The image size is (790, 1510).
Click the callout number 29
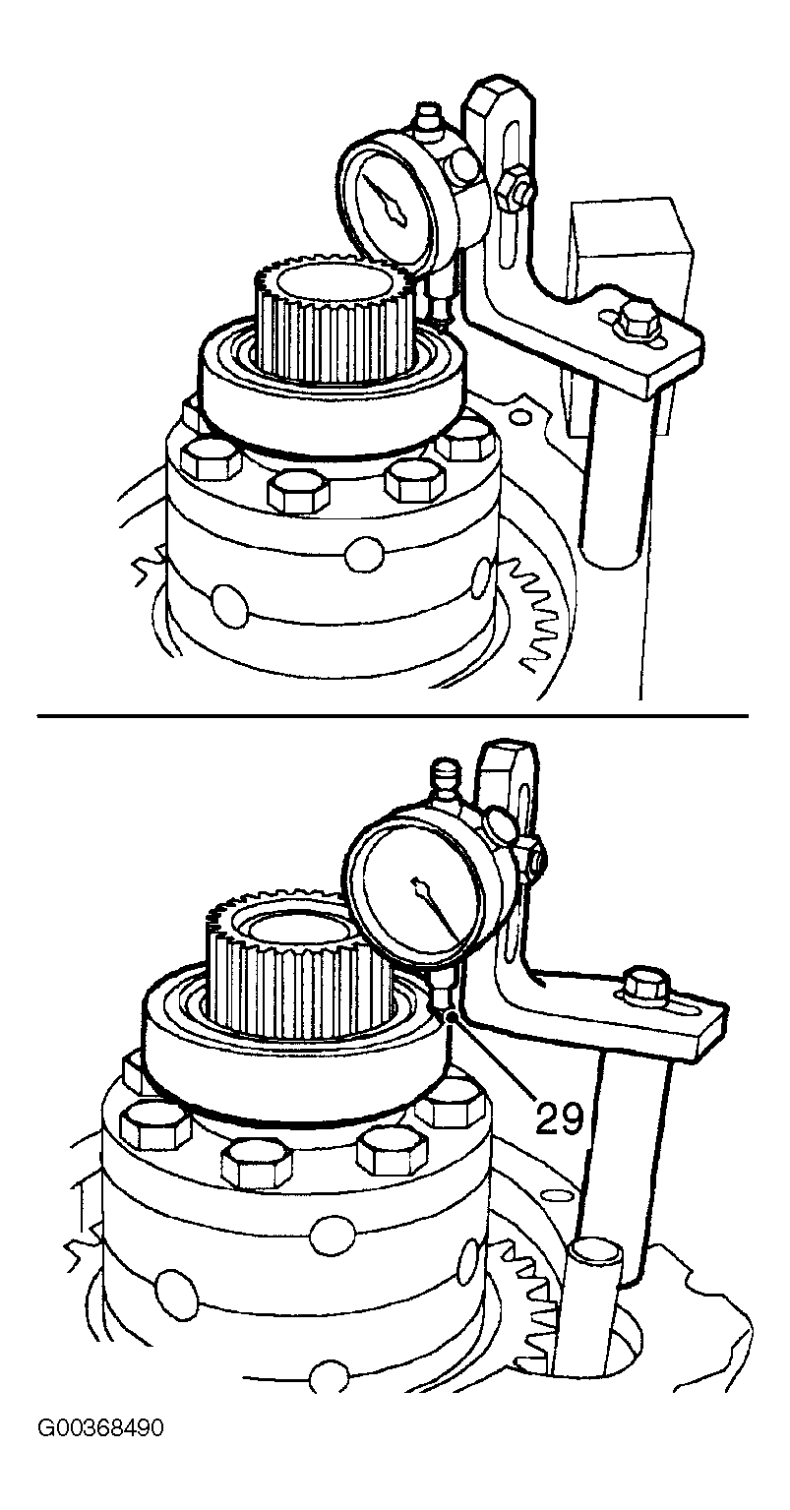pos(559,1119)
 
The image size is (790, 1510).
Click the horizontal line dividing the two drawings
pos(393,715)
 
